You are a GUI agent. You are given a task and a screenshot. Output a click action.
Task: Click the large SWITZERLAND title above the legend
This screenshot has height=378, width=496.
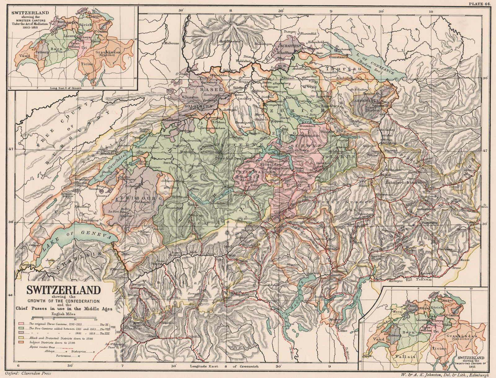pyautogui.click(x=64, y=290)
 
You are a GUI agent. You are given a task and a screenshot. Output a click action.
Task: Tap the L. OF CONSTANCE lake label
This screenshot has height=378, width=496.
pyautogui.click(x=376, y=64)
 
